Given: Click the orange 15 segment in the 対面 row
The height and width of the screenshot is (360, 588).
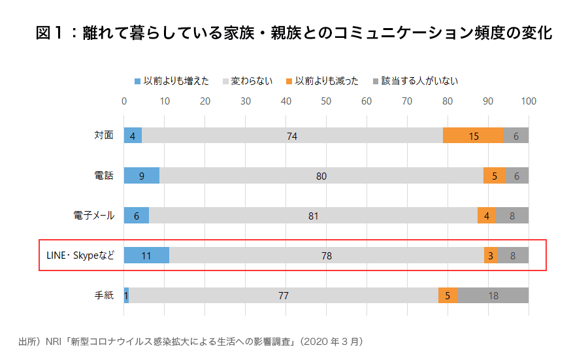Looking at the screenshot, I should (x=474, y=136).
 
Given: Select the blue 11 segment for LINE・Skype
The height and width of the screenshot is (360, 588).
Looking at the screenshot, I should (x=146, y=255).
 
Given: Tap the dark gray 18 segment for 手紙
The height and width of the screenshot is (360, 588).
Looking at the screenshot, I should (x=493, y=295).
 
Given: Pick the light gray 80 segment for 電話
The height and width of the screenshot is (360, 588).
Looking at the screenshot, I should (x=321, y=176).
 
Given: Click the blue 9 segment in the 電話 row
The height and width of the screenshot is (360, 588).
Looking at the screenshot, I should (x=142, y=176).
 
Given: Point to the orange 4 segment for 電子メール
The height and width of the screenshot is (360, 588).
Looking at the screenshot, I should (x=487, y=216).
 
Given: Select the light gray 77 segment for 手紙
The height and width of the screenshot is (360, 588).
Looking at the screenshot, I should (x=283, y=295).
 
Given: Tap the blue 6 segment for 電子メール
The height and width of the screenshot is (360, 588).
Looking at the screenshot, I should (x=137, y=216).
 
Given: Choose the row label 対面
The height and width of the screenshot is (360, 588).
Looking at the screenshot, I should (x=104, y=136).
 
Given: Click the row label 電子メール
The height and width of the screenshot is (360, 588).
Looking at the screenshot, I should (x=94, y=216).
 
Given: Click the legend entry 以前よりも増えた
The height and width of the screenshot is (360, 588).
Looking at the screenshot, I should (x=172, y=81).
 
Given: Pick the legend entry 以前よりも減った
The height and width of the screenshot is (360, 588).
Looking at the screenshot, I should (x=322, y=81).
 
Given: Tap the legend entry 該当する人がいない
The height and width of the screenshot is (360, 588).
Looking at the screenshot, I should (x=416, y=81).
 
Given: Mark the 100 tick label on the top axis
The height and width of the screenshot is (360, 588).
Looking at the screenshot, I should (x=528, y=101).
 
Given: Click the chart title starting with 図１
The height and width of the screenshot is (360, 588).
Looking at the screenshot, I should (x=294, y=33).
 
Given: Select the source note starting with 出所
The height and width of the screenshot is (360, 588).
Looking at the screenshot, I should (x=190, y=341).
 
